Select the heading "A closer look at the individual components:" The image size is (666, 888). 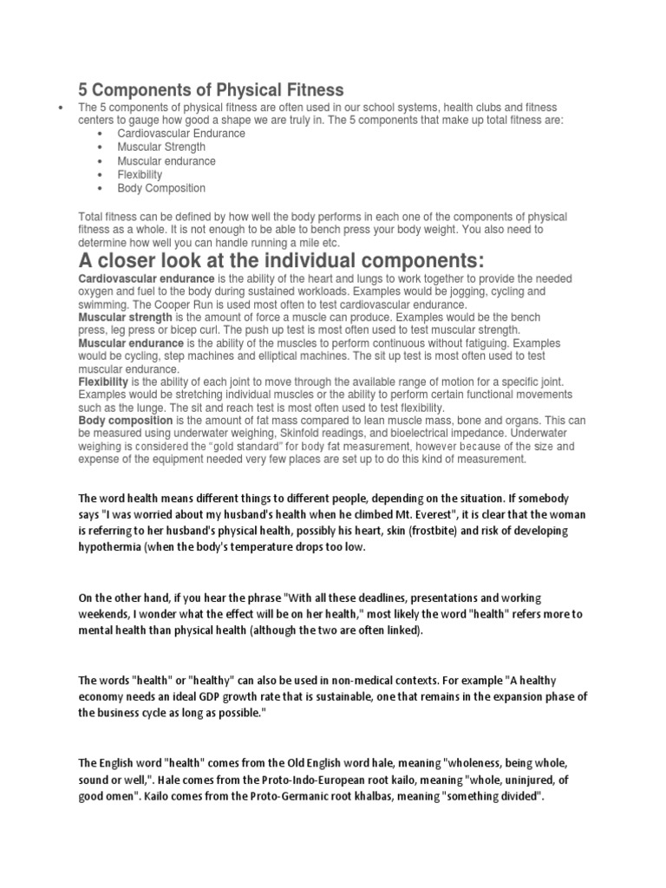[x=280, y=262]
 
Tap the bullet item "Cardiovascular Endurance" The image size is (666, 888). [x=181, y=134]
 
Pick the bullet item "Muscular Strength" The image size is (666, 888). [x=162, y=147]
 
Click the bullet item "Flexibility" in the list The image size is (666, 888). [x=140, y=174]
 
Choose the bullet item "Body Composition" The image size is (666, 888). [x=162, y=188]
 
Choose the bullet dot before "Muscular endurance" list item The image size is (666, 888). [x=102, y=161]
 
